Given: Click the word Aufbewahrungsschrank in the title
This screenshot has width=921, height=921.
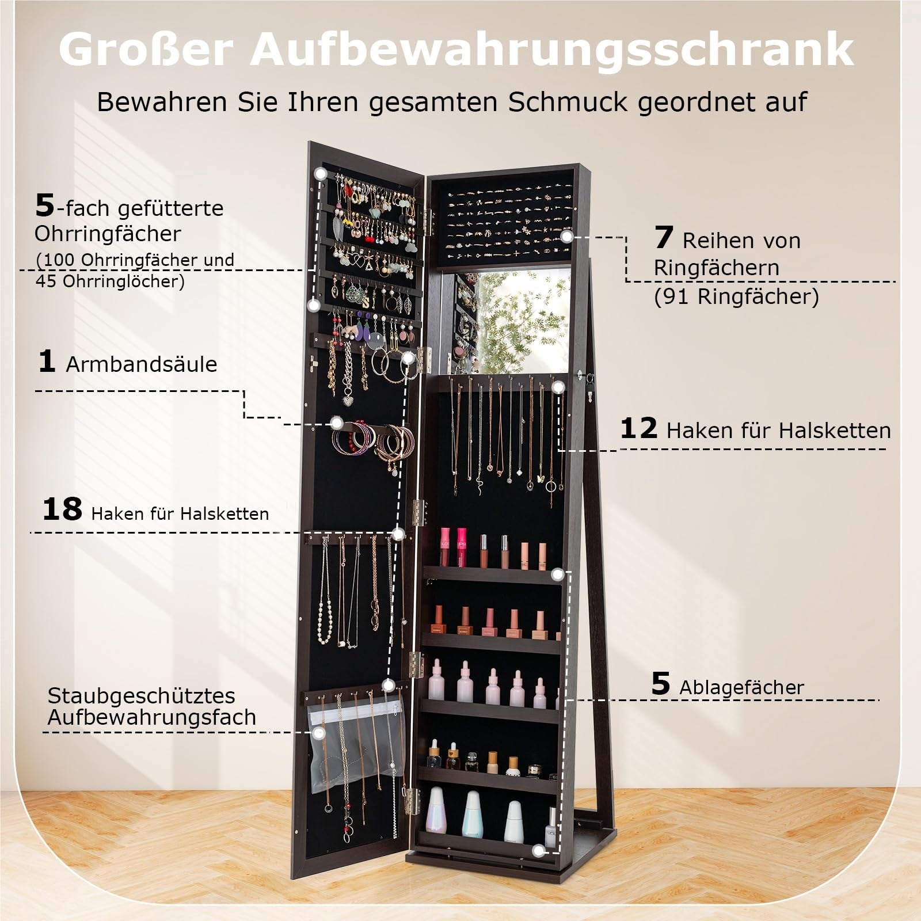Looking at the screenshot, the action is point(551,51).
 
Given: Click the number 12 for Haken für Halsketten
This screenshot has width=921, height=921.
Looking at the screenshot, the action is point(639,428).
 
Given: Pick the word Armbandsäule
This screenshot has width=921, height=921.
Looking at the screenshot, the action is point(142,364).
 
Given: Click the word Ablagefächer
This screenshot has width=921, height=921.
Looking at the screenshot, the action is point(741,687).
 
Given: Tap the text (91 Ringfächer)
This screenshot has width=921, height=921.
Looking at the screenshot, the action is point(736,297).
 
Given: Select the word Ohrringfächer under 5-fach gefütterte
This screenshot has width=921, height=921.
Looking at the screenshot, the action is point(108,234).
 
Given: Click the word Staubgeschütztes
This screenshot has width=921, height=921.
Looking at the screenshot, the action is point(142,695).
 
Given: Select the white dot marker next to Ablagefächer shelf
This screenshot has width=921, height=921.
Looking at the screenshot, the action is point(557,574).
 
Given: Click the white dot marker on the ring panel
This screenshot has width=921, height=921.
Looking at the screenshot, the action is point(568,236).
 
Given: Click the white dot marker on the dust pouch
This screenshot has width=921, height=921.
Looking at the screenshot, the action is point(318,733).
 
